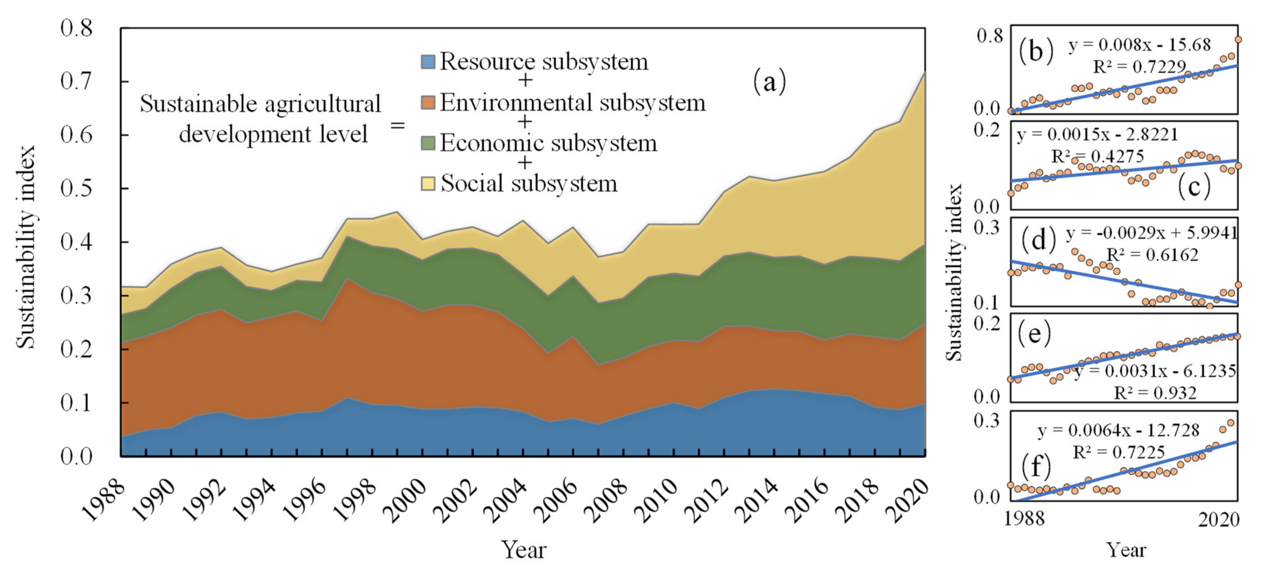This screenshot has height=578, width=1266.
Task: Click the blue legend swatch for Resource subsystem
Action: [x=428, y=62]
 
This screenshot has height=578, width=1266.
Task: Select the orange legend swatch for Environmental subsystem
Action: [x=428, y=103]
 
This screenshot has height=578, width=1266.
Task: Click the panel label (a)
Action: [x=770, y=82]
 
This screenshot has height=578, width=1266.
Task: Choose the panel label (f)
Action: [x=1036, y=466]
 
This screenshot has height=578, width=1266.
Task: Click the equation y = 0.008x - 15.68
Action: [x=1139, y=45]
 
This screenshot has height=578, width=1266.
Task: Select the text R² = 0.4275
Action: [x=1097, y=156]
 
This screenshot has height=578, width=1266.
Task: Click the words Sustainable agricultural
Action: [x=260, y=104]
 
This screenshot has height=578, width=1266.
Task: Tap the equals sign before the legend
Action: [x=397, y=125]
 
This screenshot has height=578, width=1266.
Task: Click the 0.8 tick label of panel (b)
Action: [x=989, y=36]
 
